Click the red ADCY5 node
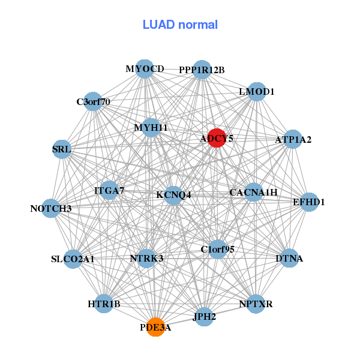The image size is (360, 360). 217,138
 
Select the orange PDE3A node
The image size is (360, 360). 155,327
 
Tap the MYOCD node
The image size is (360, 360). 145,69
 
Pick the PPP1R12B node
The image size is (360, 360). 202,70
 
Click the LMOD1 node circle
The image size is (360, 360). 257,92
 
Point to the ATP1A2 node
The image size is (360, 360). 293,139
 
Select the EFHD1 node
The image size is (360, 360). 309,202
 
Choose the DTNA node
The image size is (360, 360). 289,258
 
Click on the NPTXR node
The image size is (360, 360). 256,304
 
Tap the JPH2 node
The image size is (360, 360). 204,317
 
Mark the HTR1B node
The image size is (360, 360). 104,304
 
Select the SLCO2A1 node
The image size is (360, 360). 73,259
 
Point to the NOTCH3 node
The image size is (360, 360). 51,208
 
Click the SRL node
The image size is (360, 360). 62,149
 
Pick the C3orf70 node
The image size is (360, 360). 93,101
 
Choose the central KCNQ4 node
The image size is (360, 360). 173,196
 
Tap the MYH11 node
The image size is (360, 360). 151,128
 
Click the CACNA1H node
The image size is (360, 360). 253,192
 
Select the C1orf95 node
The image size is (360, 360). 217,249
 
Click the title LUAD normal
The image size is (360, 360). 180,25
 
